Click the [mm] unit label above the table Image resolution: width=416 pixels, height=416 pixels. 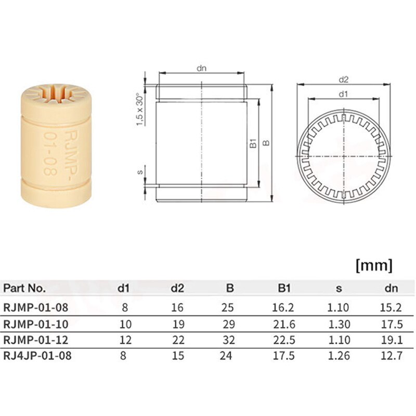pos(373,266)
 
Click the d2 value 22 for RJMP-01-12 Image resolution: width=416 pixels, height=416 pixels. pos(177,340)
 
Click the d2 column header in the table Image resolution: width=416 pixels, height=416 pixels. pos(177,288)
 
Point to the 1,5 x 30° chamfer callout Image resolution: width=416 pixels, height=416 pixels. pos(139,108)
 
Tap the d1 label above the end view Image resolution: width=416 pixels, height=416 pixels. pos(343,94)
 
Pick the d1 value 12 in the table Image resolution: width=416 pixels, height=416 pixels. pos(125,340)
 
